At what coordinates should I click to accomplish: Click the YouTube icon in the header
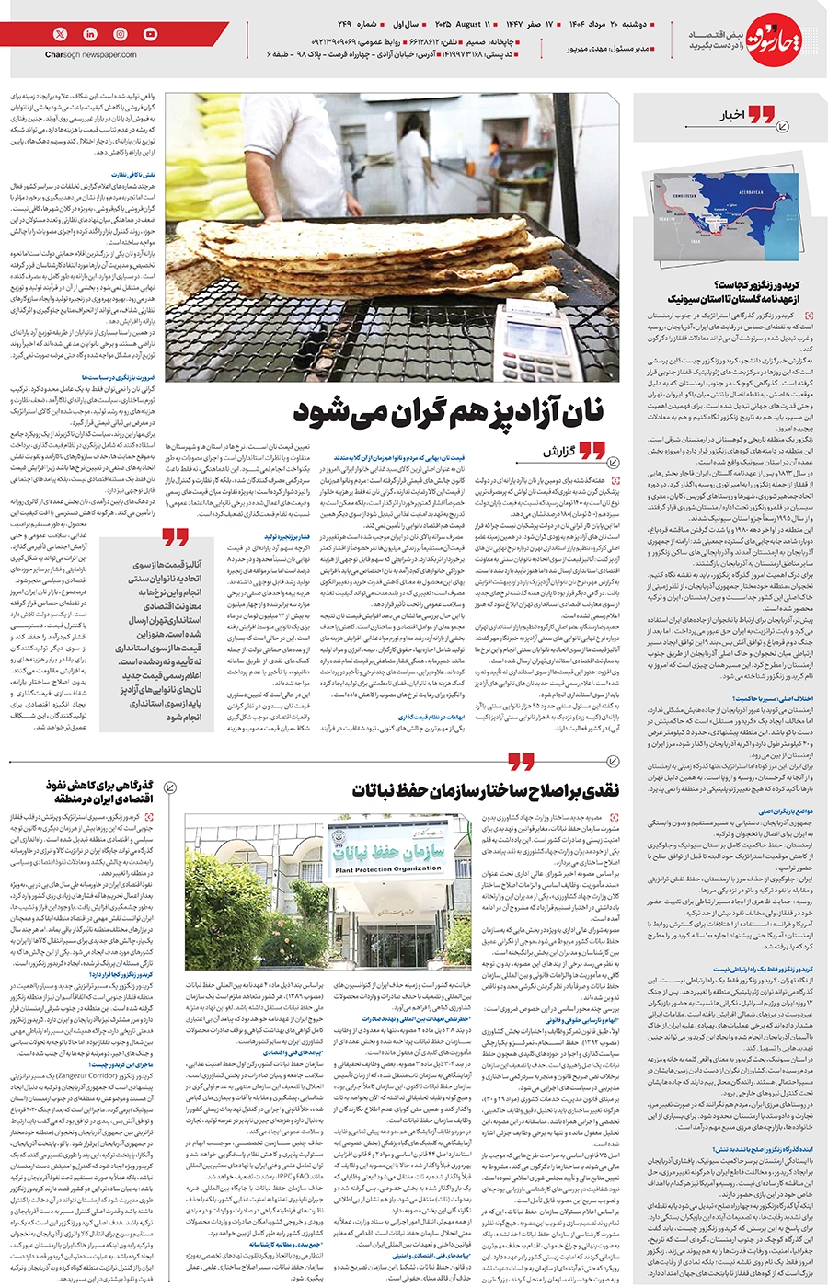pyautogui.click(x=150, y=34)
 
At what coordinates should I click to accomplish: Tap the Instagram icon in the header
pyautogui.click(x=121, y=34)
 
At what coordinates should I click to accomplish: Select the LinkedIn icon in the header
pyautogui.click(x=90, y=34)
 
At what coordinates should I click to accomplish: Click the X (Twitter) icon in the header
pyautogui.click(x=61, y=34)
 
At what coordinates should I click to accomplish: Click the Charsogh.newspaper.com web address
pyautogui.click(x=89, y=55)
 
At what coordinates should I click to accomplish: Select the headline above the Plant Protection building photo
pyautogui.click(x=486, y=790)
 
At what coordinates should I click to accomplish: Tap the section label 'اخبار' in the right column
pyautogui.click(x=731, y=116)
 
